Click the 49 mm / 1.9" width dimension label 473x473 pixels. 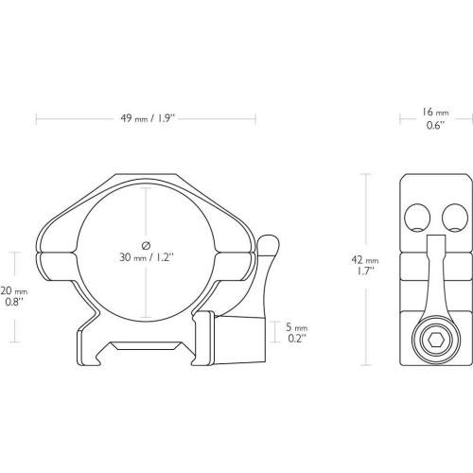tap(148, 118)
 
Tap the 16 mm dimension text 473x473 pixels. tap(435, 113)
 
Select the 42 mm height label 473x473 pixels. tap(365, 260)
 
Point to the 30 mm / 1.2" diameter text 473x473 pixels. tap(147, 257)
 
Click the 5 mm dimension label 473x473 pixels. tap(296, 327)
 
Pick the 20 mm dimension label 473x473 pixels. tap(14, 290)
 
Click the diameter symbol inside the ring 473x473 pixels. tap(146, 245)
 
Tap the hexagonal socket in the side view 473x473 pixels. tap(436, 341)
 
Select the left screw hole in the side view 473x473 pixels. tap(417, 218)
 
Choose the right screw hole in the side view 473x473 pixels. tap(455, 218)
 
